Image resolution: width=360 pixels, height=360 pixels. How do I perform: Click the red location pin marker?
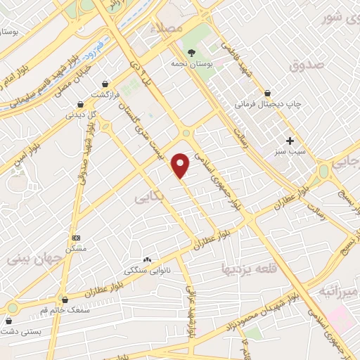coord(181,166)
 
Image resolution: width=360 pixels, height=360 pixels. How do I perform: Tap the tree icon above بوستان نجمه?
coord(191,52)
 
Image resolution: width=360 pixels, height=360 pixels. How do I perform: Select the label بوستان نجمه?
coord(191,63)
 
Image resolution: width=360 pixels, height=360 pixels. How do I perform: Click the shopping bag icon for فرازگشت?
coord(105,84)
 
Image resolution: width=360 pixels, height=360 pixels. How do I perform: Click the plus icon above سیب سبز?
coord(290,141)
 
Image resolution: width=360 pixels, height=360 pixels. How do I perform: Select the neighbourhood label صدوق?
coord(305,66)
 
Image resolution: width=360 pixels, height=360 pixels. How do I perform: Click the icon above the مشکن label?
coord(76,238)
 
